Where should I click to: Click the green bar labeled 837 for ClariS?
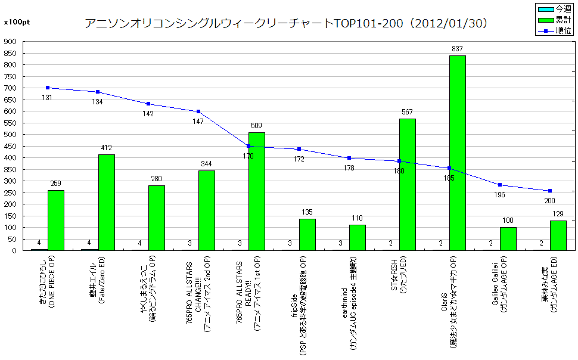tap(458, 153)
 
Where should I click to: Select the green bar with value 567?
tap(408, 184)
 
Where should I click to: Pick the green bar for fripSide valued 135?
tap(307, 234)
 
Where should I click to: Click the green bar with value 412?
tap(106, 202)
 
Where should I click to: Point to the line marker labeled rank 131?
tap(48, 88)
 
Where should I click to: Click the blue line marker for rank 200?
tap(549, 191)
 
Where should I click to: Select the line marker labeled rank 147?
tap(198, 111)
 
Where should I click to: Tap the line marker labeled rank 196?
tap(499, 185)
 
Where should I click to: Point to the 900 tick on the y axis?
tap(11, 42)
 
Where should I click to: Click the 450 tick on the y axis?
tap(11, 146)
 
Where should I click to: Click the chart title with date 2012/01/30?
tap(288, 23)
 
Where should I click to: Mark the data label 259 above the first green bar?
tap(56, 184)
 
